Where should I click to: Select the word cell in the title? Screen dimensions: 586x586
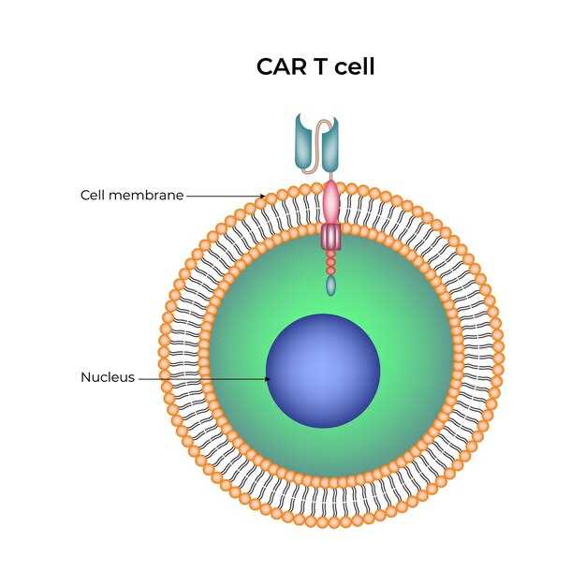354,66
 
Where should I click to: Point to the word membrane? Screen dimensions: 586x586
146,195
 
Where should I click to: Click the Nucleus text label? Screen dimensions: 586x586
108,377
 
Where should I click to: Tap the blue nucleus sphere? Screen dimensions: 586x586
323,371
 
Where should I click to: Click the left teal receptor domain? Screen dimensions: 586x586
303,141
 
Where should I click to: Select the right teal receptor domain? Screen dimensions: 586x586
330,145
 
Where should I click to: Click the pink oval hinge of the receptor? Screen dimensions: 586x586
331,202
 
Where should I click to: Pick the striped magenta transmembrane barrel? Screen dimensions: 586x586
331,237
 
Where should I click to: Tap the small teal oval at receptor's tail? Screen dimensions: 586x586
331,286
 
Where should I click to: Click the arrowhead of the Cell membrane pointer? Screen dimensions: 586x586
263,196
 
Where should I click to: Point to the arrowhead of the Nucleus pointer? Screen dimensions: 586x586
268,379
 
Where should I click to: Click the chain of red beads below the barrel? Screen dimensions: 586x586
330,263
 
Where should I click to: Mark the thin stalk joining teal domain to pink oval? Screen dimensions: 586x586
331,176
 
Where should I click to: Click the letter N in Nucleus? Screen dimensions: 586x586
85,377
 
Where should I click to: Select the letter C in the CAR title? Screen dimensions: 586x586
265,66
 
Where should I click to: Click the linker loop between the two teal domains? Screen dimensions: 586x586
318,147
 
